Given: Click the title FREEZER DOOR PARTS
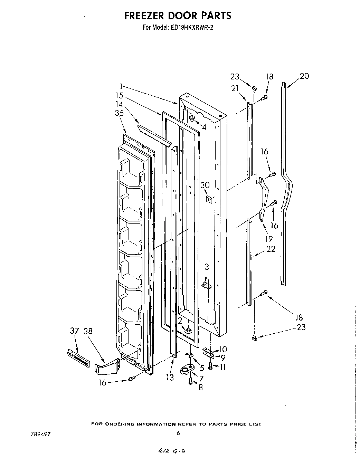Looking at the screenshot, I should [x=178, y=16].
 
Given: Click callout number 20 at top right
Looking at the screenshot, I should [x=304, y=76].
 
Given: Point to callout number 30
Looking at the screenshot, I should [x=205, y=185].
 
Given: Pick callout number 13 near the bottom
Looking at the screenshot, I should [x=170, y=378].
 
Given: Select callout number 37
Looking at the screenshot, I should [x=75, y=331].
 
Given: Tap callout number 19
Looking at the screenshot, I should [x=269, y=238].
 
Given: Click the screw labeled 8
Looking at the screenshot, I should [x=190, y=381].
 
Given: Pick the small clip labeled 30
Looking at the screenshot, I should [x=208, y=199].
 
